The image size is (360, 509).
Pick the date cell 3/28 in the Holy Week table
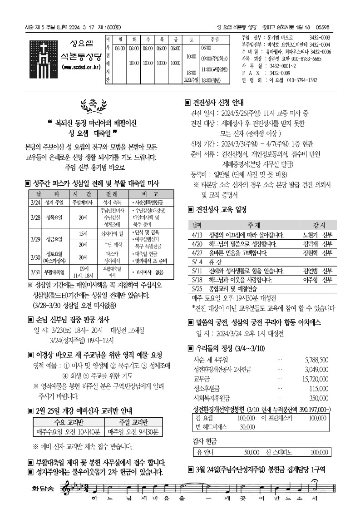point(36,217)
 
